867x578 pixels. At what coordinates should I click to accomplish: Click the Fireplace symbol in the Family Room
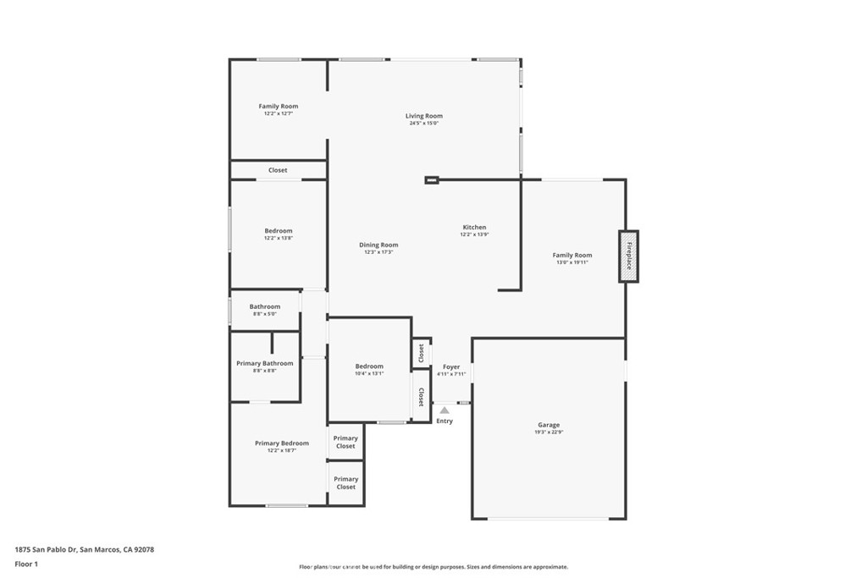tap(628, 256)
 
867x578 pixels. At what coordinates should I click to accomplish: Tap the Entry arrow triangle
tap(445, 410)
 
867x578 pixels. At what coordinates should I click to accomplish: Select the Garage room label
tap(549, 425)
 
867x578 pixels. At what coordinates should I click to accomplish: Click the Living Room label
tap(423, 116)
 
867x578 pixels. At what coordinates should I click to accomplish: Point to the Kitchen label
tap(474, 227)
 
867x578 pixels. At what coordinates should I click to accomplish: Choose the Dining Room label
tap(378, 245)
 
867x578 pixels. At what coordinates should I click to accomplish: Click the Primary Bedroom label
tap(282, 443)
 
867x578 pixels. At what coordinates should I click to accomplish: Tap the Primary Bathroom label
tap(265, 363)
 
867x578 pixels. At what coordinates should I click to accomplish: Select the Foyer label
tap(451, 367)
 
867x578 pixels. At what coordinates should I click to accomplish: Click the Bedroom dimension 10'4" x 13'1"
tap(369, 373)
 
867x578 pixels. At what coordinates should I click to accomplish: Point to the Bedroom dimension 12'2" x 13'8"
tap(278, 238)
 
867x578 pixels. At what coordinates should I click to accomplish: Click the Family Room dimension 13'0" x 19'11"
tap(572, 262)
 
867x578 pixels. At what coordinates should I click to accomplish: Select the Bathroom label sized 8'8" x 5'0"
tap(264, 306)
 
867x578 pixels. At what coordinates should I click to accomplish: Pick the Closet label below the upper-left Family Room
tap(278, 170)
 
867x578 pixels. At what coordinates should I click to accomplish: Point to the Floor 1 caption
tap(26, 564)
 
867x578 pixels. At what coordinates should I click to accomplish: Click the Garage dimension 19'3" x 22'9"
tap(549, 432)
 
